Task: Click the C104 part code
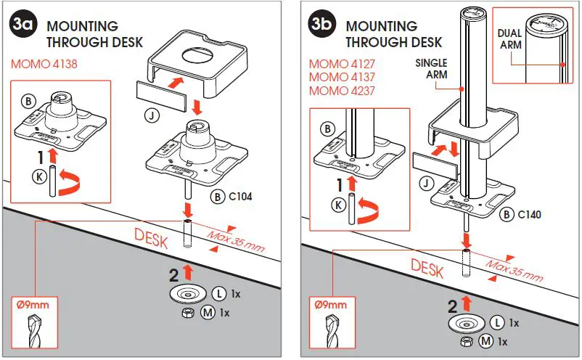(240, 196)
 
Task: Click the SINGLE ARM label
(431, 69)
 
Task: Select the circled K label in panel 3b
(337, 205)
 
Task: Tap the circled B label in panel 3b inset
(327, 128)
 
